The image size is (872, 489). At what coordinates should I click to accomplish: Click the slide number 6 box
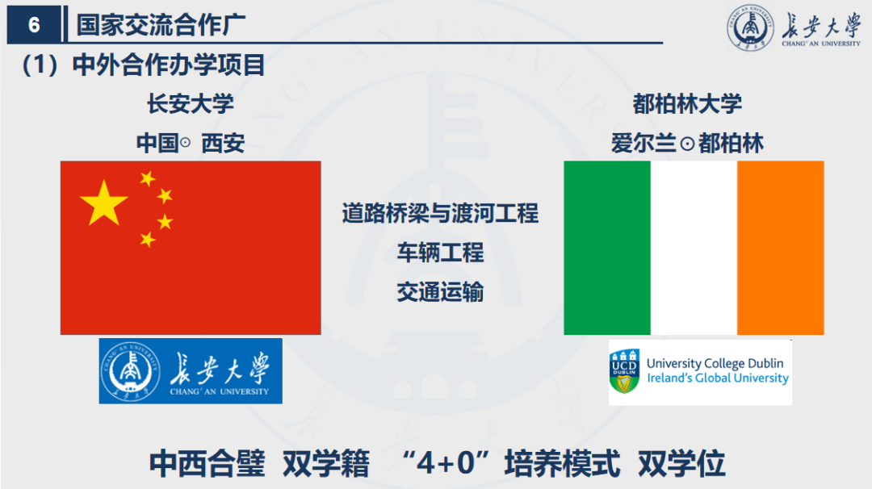pyautogui.click(x=34, y=25)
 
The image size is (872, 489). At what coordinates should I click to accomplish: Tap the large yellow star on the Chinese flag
pyautogui.click(x=104, y=203)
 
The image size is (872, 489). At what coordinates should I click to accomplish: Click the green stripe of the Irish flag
pyautogui.click(x=606, y=248)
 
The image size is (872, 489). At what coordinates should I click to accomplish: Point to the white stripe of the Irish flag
pyautogui.click(x=694, y=248)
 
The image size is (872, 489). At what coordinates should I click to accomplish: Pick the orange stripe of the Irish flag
pyautogui.click(x=780, y=248)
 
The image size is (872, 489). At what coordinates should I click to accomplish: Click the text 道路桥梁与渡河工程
pyautogui.click(x=440, y=214)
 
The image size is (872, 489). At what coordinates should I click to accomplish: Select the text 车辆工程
pyautogui.click(x=440, y=253)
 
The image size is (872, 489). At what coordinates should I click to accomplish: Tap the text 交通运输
pyautogui.click(x=440, y=292)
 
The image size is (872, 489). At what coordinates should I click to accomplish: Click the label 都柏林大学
pyautogui.click(x=687, y=104)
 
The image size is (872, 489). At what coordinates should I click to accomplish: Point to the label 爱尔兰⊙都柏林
pyautogui.click(x=687, y=144)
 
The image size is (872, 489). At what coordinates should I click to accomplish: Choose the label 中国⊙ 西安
pyautogui.click(x=190, y=144)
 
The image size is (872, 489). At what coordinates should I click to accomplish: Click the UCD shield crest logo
pyautogui.click(x=625, y=371)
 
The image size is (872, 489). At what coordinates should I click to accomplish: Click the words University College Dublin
pyautogui.click(x=715, y=364)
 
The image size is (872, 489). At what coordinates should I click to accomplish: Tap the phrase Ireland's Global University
pyautogui.click(x=717, y=378)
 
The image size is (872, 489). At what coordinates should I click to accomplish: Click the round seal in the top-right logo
pyautogui.click(x=750, y=29)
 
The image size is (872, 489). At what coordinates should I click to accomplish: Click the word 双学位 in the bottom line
pyautogui.click(x=681, y=464)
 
